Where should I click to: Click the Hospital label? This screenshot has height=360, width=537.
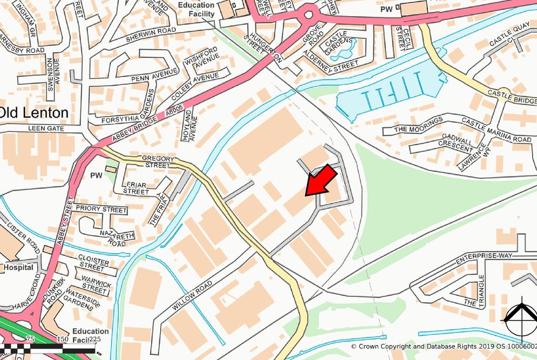tap(18, 267)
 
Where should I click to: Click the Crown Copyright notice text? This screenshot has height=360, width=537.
tap(443, 347)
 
